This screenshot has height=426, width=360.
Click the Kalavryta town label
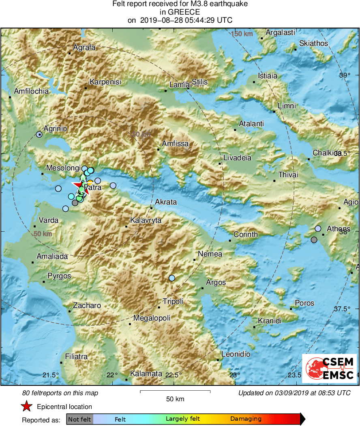pos(146,221)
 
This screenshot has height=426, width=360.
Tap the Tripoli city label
pos(173,301)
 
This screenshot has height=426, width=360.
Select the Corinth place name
pos(246,235)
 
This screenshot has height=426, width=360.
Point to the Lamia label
pos(179,85)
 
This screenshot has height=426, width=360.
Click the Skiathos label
pos(313,43)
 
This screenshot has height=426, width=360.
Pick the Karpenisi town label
pos(105,82)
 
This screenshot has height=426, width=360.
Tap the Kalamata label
pos(146,374)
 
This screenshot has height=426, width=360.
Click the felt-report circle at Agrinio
pos(39,134)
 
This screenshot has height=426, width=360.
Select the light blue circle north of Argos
pos(172,278)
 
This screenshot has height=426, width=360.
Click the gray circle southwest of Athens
pos(314,240)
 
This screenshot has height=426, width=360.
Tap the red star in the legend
pos(26,407)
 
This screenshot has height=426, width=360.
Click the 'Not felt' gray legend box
pos(79,419)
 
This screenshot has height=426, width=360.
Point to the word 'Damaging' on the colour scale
pos(246,419)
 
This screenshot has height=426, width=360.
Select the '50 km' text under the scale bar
pos(175,399)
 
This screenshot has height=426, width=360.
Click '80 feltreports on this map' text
pos(60,393)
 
